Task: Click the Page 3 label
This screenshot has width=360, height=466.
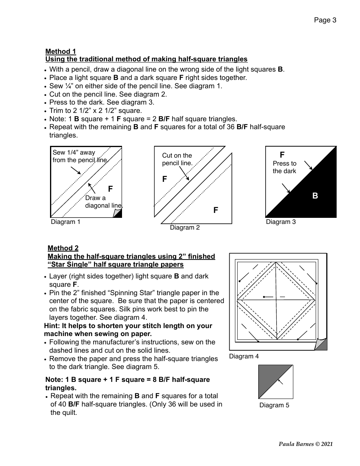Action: coord(325,20)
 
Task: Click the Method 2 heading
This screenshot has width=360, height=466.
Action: coord(63,248)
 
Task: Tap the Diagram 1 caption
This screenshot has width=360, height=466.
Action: coord(66,222)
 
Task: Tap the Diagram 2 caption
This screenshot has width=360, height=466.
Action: coord(185,228)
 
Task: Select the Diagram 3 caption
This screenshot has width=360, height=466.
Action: coord(281,222)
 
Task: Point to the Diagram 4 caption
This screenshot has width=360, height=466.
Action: coord(244,357)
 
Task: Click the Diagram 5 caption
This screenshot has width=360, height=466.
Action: coord(274,405)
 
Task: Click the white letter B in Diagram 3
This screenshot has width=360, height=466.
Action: coord(315,196)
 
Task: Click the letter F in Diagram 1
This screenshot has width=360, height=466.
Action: coord(110,189)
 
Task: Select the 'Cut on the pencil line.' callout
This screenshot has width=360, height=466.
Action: coord(177,159)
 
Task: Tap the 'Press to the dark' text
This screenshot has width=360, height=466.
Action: coord(285,167)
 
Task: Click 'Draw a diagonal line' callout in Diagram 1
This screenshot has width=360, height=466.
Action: coord(103,202)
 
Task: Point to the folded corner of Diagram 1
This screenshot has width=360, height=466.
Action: coord(118,214)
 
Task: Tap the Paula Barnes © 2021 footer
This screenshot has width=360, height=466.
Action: coord(305,444)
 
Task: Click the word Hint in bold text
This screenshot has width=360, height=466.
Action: coord(51,326)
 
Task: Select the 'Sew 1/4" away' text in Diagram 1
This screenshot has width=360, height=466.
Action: coord(74,153)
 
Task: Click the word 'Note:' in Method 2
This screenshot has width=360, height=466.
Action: coord(54,380)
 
